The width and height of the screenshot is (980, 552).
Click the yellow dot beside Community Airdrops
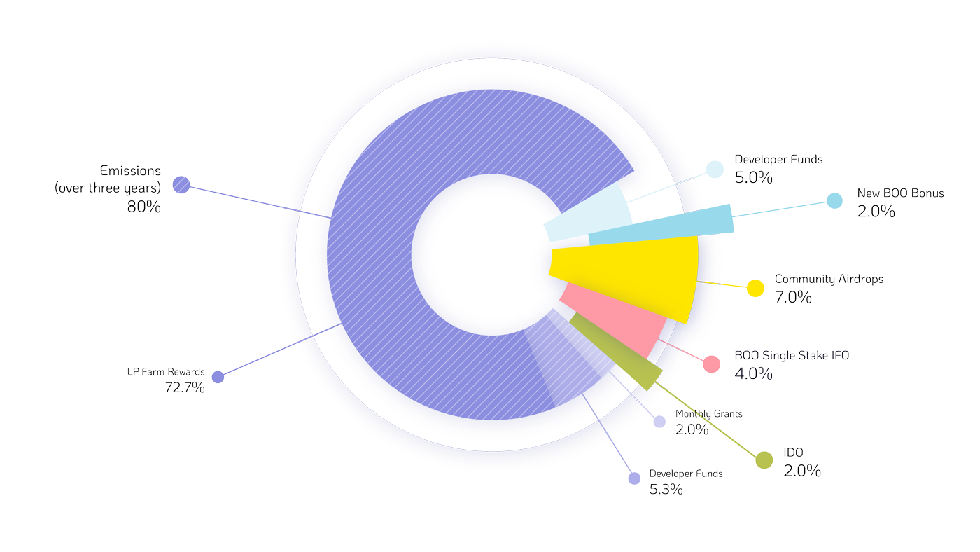tap(755, 288)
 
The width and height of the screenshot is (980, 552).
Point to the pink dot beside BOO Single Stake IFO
tap(712, 364)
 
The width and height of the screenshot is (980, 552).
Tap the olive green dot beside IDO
tap(764, 460)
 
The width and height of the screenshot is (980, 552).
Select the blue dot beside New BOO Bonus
tap(834, 200)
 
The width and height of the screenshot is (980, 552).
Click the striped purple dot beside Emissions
tap(181, 185)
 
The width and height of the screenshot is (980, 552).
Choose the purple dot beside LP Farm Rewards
tap(218, 377)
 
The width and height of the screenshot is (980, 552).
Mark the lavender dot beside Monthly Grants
tap(659, 422)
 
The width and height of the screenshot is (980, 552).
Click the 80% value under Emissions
tap(144, 207)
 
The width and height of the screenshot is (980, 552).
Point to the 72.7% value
tap(185, 387)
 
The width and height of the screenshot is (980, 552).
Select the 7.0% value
tap(793, 297)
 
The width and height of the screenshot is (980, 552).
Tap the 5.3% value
tap(666, 490)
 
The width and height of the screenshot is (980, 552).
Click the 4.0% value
tap(753, 373)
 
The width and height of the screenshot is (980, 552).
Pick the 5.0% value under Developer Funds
tap(753, 177)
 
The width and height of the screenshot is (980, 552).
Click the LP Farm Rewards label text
tap(166, 372)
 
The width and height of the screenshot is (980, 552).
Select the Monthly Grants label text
tap(708, 414)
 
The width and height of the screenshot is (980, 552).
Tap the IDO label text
tap(793, 453)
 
